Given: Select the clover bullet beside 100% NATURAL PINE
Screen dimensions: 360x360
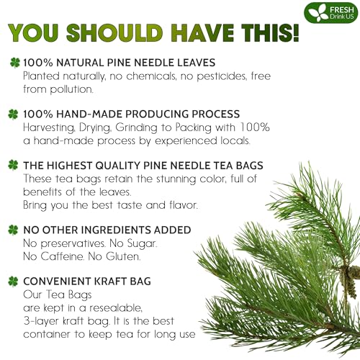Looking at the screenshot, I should pyautogui.click(x=13, y=63).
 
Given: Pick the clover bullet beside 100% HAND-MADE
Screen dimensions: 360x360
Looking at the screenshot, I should pyautogui.click(x=13, y=113).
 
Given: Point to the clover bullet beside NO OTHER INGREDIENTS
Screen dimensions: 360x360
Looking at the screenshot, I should pyautogui.click(x=13, y=230).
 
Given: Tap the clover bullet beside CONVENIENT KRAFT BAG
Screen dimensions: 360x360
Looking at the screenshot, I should pyautogui.click(x=13, y=282).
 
